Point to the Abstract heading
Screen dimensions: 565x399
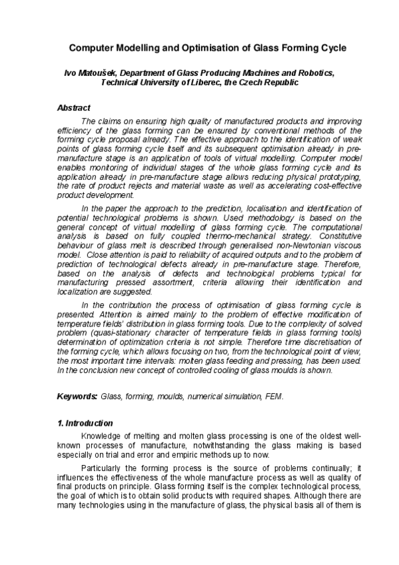pos(74,108)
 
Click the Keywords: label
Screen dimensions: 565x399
pos(77,396)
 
